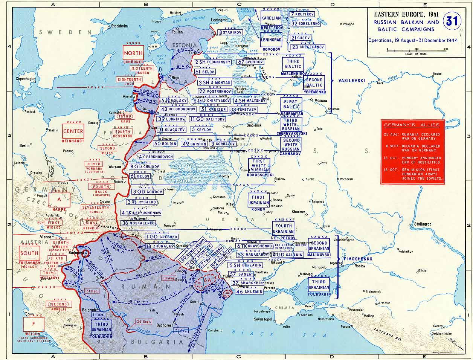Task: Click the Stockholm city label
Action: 119,26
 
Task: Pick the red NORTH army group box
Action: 133,53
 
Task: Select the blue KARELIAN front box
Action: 271,18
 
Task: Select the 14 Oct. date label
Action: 101,315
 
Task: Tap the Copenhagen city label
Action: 26,79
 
